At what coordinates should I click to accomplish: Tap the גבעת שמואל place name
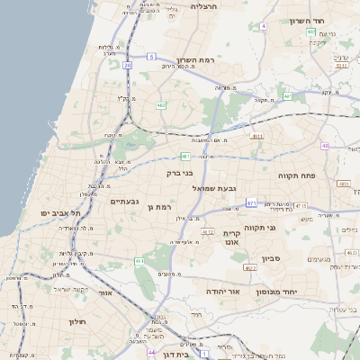(214, 188)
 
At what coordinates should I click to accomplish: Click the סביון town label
(272, 258)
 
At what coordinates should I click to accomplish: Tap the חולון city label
(76, 320)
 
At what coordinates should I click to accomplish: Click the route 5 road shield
(152, 56)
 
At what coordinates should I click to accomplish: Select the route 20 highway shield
(128, 65)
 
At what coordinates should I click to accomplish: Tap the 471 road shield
(251, 203)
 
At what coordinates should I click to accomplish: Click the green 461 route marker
(139, 261)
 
